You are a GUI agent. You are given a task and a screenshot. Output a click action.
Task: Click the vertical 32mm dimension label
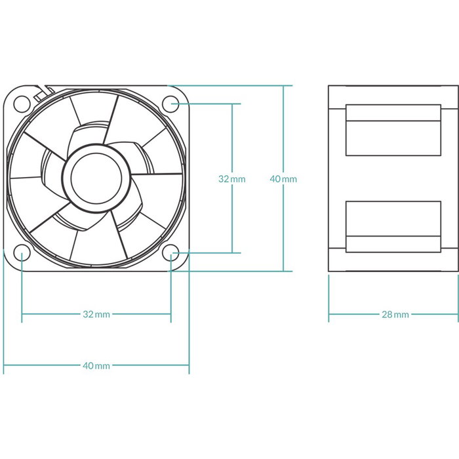[231, 178]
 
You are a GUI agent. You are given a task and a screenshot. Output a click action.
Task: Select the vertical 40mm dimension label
[283, 178]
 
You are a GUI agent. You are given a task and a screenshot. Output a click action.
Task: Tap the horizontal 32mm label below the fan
[96, 314]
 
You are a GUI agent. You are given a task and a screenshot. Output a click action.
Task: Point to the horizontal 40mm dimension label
[96, 365]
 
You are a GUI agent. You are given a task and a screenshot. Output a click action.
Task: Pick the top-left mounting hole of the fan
[22, 102]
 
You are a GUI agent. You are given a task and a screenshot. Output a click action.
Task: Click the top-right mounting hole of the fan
[172, 102]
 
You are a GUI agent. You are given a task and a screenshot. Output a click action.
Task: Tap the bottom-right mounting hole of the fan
[172, 253]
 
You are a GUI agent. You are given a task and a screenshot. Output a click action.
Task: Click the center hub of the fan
[96, 177]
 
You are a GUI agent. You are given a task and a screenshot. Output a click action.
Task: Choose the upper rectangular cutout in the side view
[393, 130]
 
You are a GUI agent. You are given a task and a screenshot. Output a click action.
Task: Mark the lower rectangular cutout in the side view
[393, 226]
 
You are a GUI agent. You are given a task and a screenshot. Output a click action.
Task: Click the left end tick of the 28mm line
[329, 314]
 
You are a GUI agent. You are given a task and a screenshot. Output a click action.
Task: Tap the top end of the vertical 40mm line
[283, 85]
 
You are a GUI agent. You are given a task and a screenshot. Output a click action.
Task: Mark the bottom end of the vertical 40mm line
[283, 270]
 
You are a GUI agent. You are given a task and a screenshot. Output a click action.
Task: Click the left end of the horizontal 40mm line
[4, 365]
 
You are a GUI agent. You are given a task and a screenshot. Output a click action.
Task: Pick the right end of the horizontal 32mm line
[171, 314]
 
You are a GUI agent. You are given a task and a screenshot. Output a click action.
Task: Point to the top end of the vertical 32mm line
[231, 103]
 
